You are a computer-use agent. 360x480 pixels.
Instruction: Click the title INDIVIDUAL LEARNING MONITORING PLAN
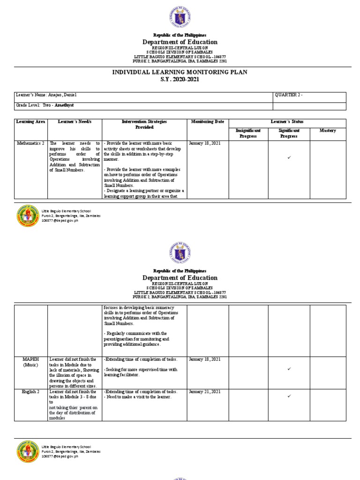(x=180, y=72)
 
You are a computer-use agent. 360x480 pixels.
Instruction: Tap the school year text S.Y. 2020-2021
(x=180, y=80)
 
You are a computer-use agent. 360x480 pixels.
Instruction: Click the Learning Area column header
(x=30, y=122)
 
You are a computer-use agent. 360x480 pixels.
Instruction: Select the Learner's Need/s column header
(x=75, y=122)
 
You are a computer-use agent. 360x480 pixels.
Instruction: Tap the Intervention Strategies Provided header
(x=144, y=124)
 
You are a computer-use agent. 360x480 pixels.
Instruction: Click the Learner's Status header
(x=287, y=122)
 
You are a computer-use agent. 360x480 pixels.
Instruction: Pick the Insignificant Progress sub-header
(x=247, y=133)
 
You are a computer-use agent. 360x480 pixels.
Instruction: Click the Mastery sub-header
(x=328, y=131)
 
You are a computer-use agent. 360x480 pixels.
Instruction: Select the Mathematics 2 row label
(x=30, y=143)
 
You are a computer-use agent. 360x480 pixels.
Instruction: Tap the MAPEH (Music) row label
(x=30, y=362)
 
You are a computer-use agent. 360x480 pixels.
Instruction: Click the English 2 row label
(x=30, y=391)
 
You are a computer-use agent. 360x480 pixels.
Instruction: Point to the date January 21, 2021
(x=205, y=391)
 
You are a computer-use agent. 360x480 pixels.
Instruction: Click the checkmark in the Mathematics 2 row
(x=289, y=157)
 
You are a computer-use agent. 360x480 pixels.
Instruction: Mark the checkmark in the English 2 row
(x=289, y=397)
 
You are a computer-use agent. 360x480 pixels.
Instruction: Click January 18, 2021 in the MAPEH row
(x=205, y=360)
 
